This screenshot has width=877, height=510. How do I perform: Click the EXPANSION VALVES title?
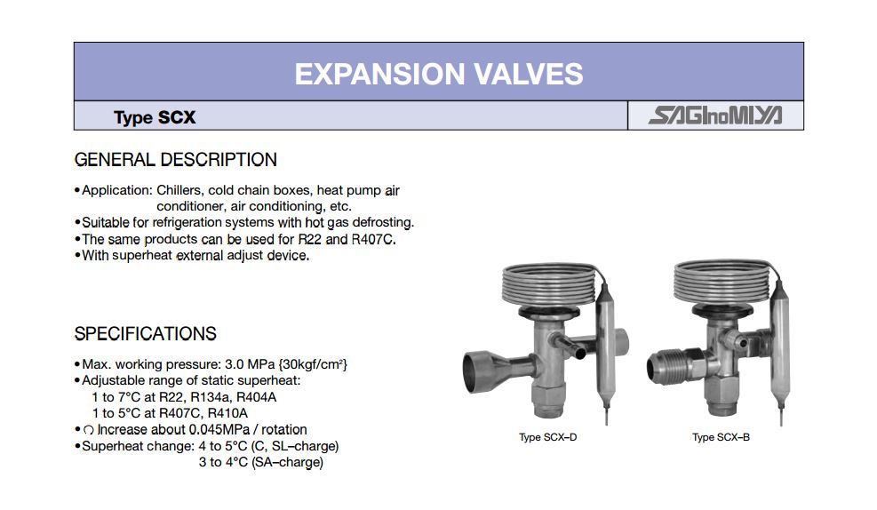[439, 74]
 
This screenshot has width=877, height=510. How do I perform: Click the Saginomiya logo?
[715, 116]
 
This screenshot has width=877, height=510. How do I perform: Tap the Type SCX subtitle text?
[155, 117]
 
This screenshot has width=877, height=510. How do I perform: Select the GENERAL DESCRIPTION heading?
[176, 160]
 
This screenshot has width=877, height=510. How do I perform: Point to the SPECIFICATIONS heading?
[146, 334]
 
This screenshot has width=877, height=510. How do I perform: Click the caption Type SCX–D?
[547, 437]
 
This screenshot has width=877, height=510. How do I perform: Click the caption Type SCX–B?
[721, 437]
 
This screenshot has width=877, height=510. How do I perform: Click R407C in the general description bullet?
[374, 239]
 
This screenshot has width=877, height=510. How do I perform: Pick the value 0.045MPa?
[219, 430]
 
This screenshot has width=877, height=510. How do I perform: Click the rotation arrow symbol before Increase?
[88, 431]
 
